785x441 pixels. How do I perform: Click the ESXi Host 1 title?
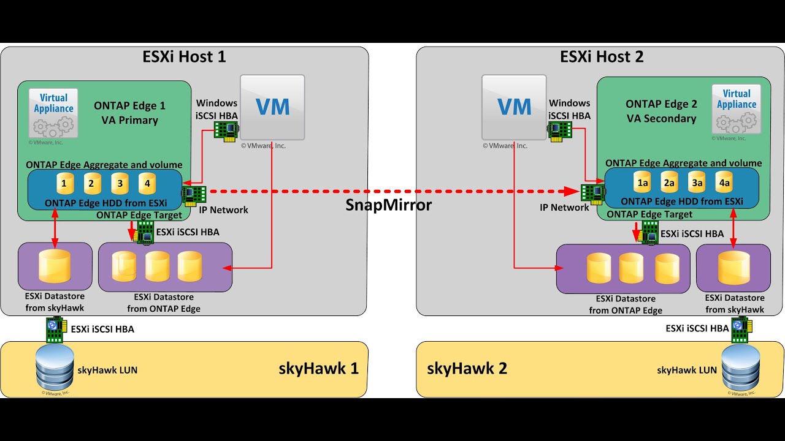[184, 57]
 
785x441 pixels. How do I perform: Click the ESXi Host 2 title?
[602, 57]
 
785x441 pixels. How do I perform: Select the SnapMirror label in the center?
[389, 205]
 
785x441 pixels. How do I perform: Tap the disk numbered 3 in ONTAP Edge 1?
[120, 183]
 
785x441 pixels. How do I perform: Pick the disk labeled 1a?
[643, 183]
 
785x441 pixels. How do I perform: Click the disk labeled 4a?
[724, 183]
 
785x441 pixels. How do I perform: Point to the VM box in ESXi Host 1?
[272, 107]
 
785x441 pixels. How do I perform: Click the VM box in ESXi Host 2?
[514, 107]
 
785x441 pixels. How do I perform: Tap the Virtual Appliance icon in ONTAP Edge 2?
[736, 108]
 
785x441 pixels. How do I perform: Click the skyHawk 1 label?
[318, 369]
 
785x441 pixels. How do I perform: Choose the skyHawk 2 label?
[467, 369]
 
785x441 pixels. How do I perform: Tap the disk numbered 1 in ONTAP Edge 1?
[64, 183]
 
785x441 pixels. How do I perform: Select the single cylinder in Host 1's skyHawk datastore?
[55, 266]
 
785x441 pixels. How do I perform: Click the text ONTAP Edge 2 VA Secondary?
[661, 111]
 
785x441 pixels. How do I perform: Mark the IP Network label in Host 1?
[224, 210]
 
